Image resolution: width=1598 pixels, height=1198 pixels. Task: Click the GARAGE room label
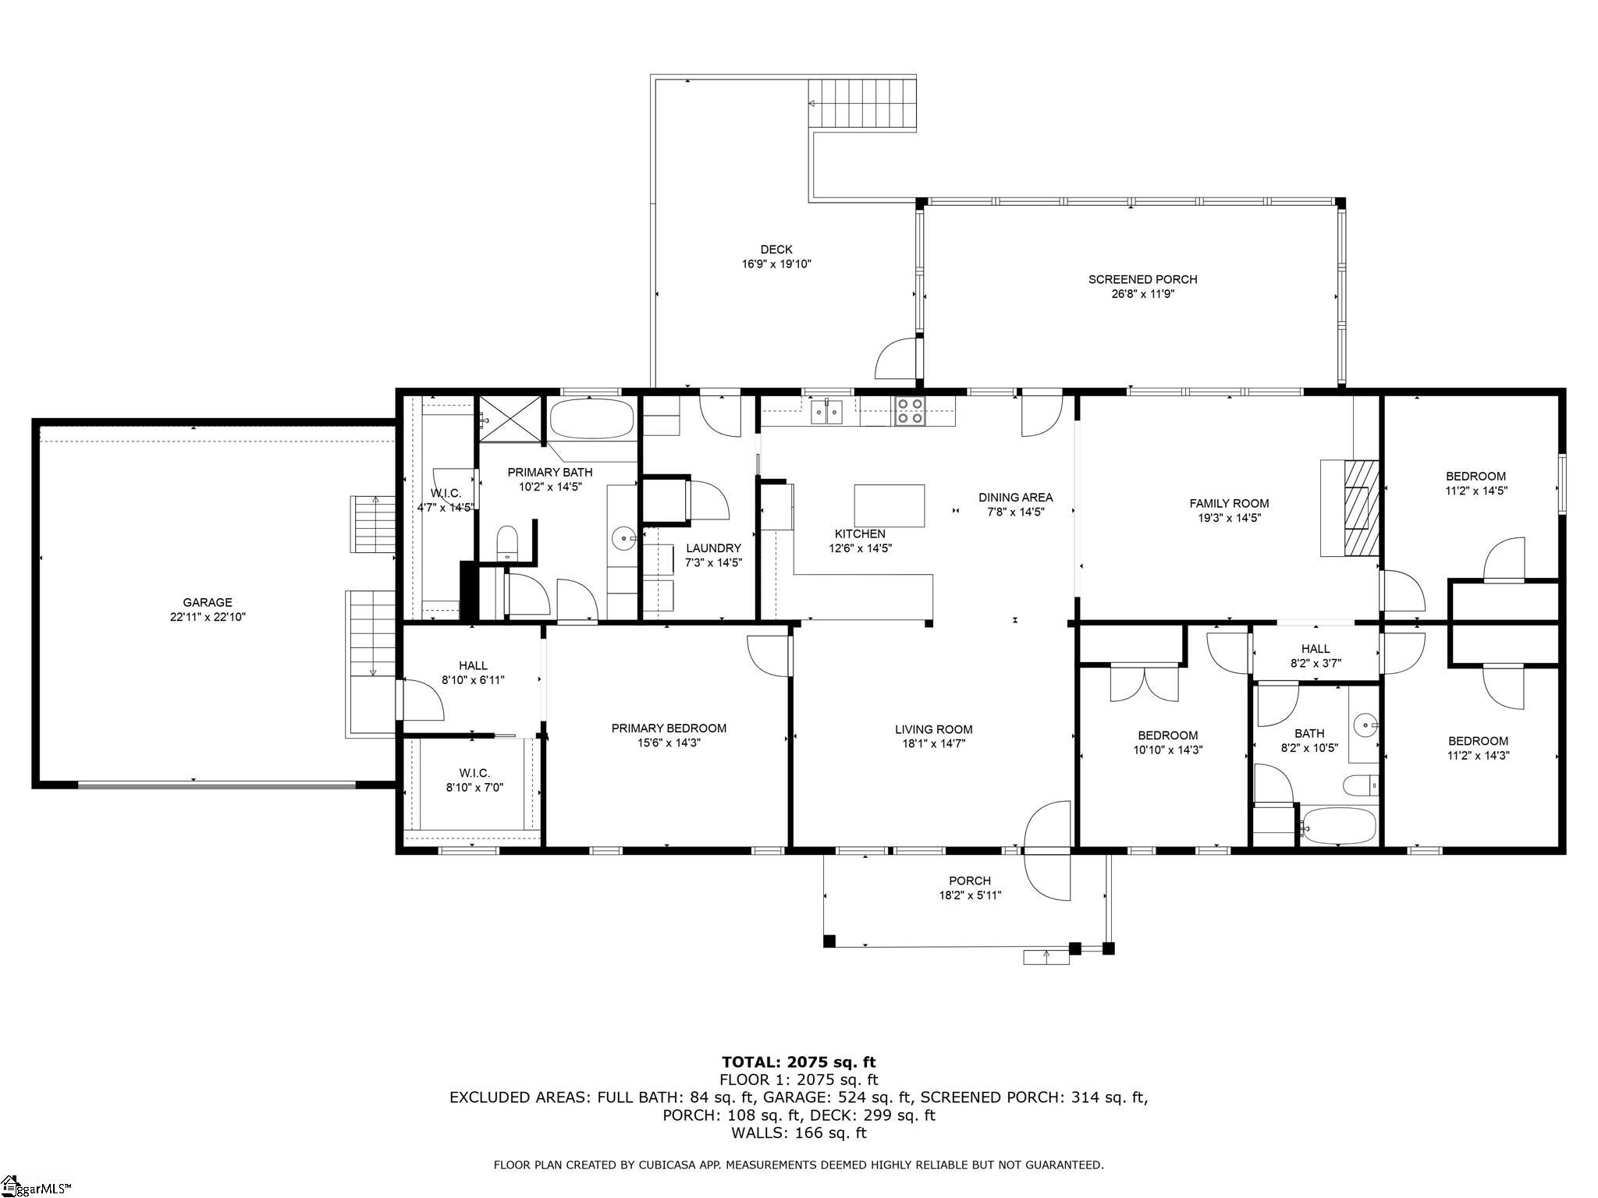[208, 602]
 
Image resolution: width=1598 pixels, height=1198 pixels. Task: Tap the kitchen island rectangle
[890, 505]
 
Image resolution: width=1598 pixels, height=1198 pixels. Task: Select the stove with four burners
[909, 410]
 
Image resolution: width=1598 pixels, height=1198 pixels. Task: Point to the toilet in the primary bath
[507, 543]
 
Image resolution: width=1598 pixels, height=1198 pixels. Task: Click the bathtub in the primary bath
[591, 419]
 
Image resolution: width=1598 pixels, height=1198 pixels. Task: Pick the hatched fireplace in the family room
[1361, 508]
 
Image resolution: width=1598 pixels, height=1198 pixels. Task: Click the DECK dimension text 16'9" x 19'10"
[776, 264]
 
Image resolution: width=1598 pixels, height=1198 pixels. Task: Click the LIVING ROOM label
[933, 730]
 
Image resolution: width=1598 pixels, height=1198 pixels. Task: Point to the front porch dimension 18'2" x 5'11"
[970, 895]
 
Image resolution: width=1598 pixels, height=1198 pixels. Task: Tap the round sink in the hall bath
[1364, 725]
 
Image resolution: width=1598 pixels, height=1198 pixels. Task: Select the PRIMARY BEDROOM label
[669, 728]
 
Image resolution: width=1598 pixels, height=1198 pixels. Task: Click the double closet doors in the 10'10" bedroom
[1145, 682]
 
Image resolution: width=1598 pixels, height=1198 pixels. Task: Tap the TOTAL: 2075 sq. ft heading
[798, 1062]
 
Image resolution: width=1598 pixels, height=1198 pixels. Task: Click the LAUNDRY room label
[713, 548]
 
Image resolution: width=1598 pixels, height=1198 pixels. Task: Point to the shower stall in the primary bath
[510, 419]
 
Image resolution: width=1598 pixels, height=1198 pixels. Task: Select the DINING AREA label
[1015, 497]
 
